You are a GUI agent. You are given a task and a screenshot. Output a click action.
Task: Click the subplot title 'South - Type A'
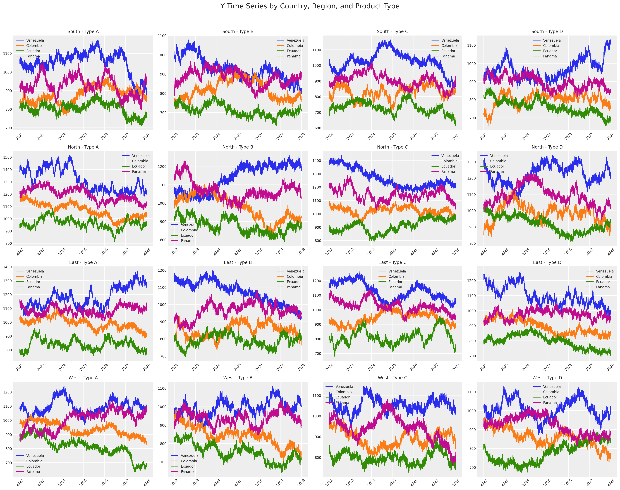pos(83,32)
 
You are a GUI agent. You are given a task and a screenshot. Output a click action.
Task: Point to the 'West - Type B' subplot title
pos(238,378)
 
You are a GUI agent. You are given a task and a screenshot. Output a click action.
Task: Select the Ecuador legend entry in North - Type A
pos(139,166)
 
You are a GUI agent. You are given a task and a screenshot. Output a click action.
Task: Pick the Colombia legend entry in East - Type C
pos(396,277)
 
